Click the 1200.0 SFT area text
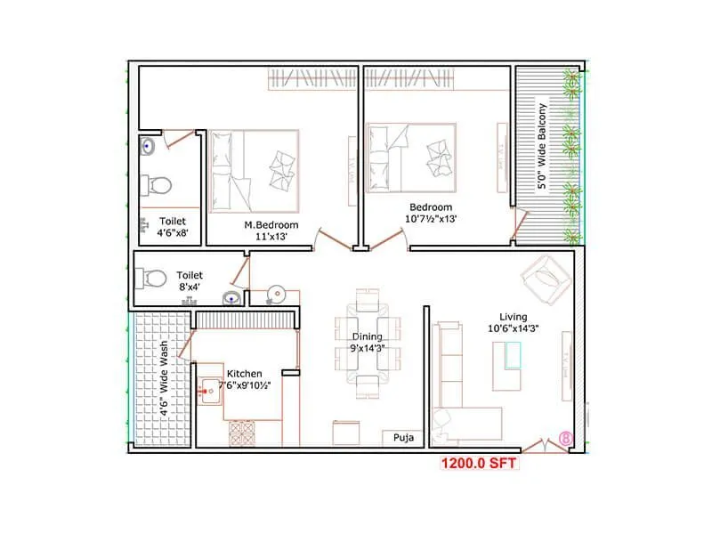pyautogui.click(x=478, y=463)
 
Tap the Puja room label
pyautogui.click(x=400, y=439)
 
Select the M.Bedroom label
pyautogui.click(x=271, y=225)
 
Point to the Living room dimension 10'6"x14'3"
pyautogui.click(x=514, y=328)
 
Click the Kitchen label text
pyautogui.click(x=245, y=374)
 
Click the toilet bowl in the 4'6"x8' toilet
pyautogui.click(x=160, y=185)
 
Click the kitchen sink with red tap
pyautogui.click(x=211, y=389)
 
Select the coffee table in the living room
pyautogui.click(x=512, y=356)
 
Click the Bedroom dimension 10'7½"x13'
pyautogui.click(x=431, y=218)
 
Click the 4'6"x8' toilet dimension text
pyautogui.click(x=173, y=235)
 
